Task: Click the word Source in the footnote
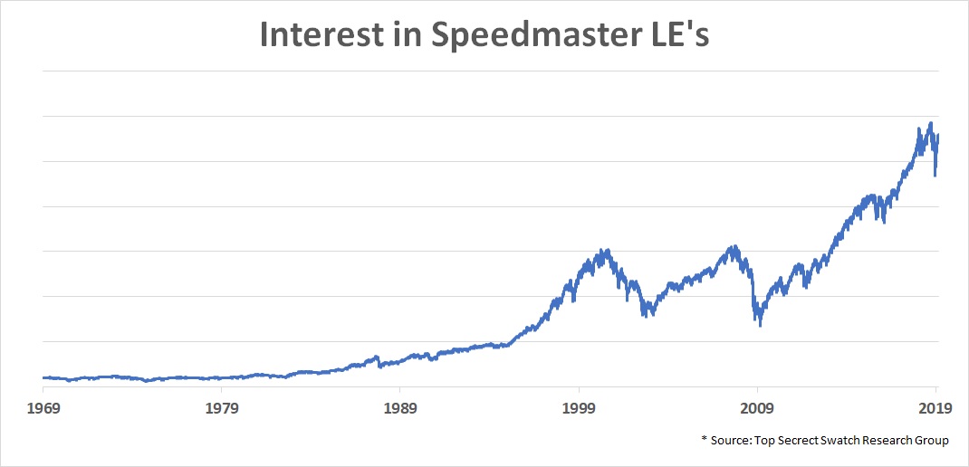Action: click(732, 441)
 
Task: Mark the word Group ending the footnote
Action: click(931, 441)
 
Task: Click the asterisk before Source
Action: click(704, 439)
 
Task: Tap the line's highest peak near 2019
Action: click(930, 123)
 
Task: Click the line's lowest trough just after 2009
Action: click(760, 325)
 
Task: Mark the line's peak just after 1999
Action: click(606, 250)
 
